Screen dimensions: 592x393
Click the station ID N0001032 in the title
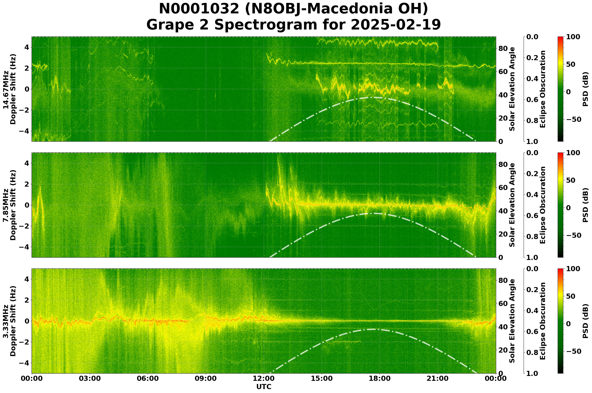(199, 9)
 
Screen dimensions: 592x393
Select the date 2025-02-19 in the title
(396, 25)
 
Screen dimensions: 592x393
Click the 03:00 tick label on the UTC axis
(90, 378)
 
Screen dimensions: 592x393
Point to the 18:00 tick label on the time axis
(380, 378)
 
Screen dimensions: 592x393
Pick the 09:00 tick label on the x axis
(206, 378)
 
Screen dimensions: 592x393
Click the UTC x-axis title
(264, 387)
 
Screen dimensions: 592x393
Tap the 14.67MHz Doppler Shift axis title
(9, 89)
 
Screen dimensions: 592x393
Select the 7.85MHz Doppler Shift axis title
(9, 205)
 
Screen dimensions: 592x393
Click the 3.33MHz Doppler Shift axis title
(9, 321)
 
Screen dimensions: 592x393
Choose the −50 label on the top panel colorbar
(573, 119)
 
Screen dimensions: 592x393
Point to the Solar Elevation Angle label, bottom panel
(512, 321)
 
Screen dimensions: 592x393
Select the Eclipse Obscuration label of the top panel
(542, 89)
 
